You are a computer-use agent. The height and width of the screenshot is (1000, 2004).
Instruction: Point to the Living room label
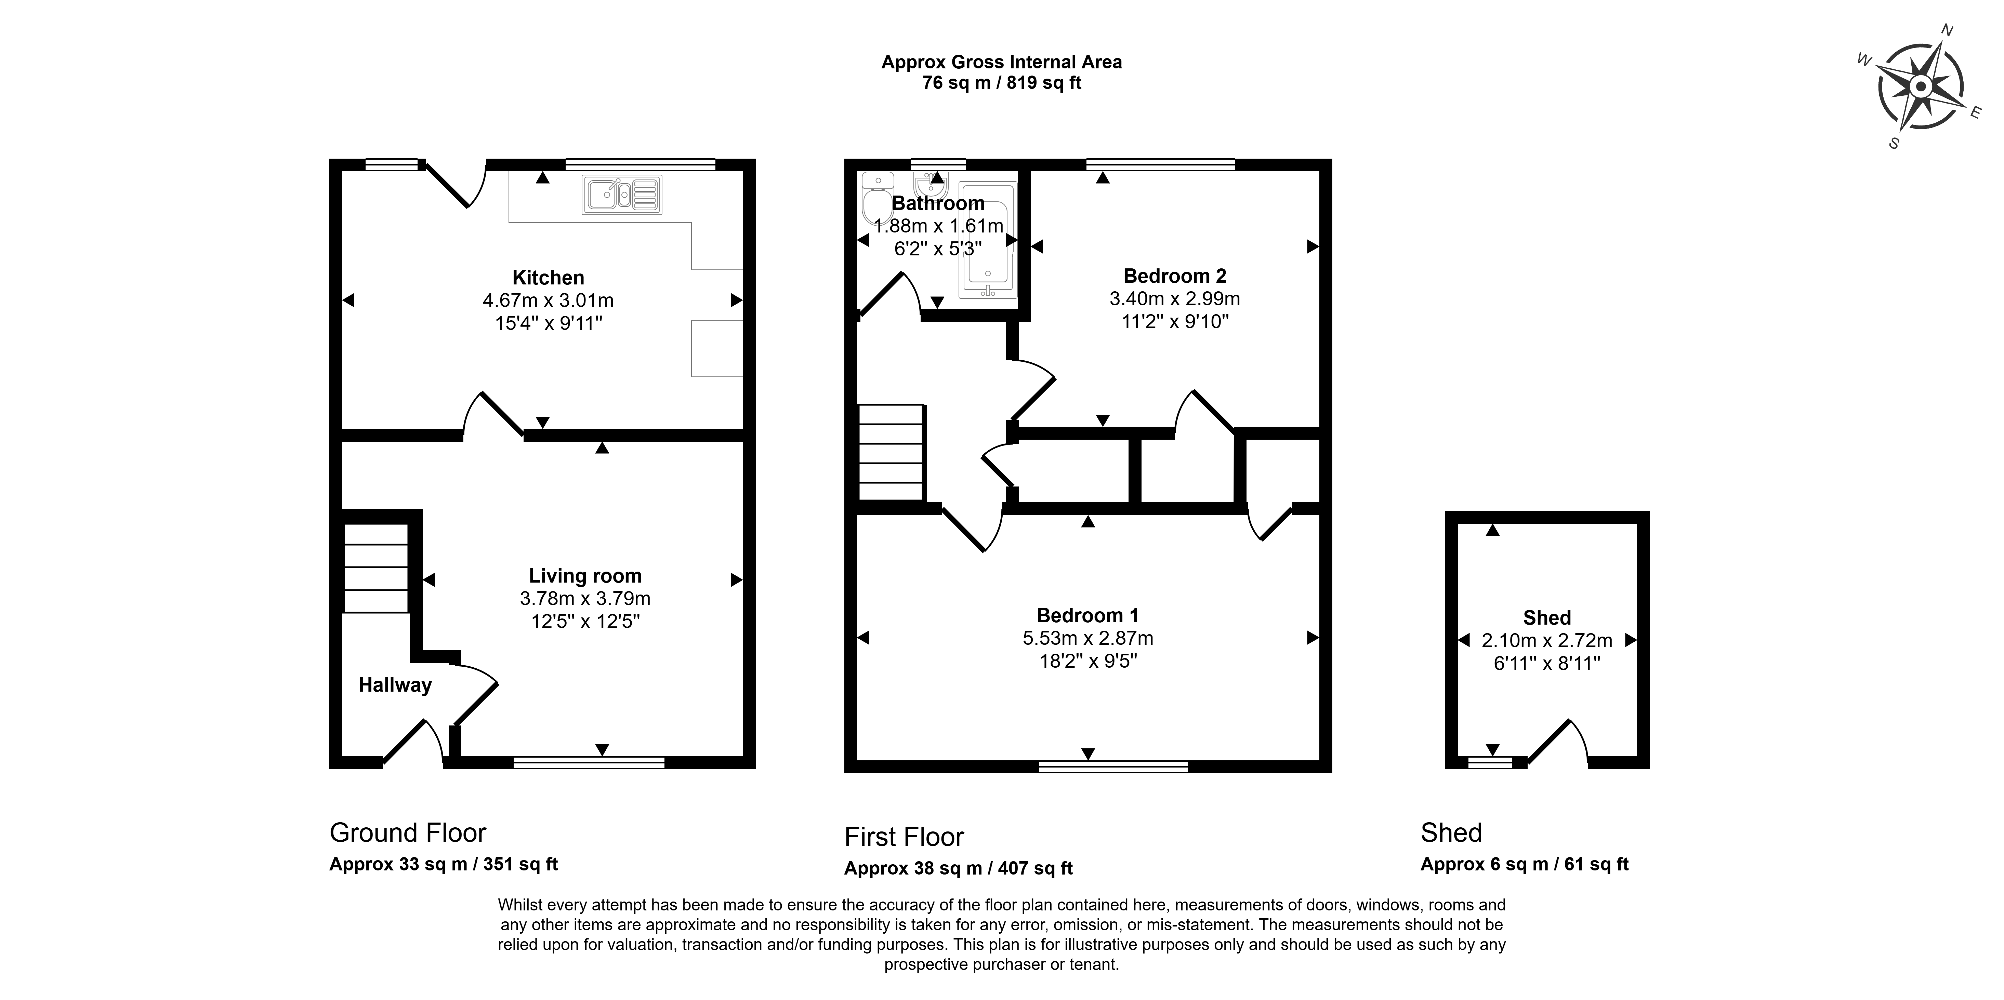click(x=585, y=576)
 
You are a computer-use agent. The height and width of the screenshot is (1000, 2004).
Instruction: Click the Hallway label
click(x=395, y=685)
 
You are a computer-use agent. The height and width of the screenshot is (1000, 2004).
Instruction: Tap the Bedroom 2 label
click(x=1175, y=276)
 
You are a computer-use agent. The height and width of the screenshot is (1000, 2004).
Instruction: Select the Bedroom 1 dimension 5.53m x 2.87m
click(x=1087, y=638)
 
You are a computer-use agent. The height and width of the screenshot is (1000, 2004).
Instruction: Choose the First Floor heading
click(x=904, y=837)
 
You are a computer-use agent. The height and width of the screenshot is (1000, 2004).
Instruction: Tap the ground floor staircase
click(x=377, y=569)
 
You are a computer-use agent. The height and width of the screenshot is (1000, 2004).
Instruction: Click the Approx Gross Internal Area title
click(x=1001, y=62)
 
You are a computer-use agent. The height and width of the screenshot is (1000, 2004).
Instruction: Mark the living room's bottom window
click(x=589, y=763)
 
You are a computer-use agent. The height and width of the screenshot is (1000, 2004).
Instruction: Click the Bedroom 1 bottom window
click(x=1113, y=767)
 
